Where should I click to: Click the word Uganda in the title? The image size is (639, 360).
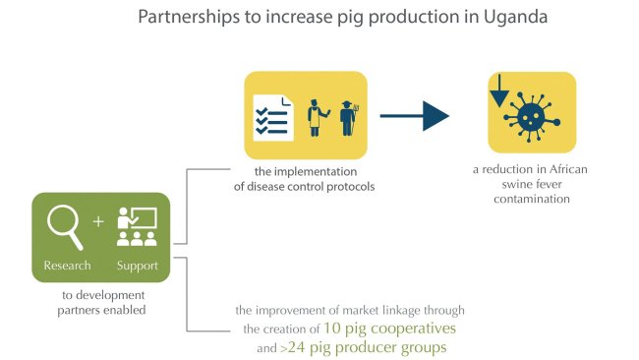(x=473, y=18)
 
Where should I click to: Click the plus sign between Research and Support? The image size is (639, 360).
(x=97, y=221)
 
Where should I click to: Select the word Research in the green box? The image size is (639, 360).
(x=67, y=266)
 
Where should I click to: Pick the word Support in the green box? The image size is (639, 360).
(x=137, y=266)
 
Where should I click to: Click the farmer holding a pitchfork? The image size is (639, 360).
(x=346, y=115)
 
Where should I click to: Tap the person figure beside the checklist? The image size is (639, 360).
(x=317, y=115)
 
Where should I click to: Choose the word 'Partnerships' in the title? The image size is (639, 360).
(x=186, y=18)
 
